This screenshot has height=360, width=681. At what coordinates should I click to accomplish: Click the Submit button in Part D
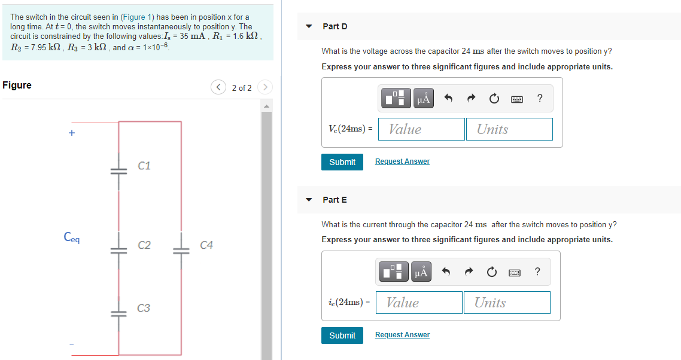[342, 162]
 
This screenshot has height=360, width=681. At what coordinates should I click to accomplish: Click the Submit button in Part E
[342, 335]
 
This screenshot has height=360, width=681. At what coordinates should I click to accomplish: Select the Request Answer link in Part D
[402, 161]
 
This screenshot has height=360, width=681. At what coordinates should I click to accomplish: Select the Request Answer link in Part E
[402, 335]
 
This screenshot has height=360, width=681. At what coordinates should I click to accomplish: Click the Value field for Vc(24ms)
[421, 129]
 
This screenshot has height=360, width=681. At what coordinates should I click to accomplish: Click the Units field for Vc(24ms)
[509, 129]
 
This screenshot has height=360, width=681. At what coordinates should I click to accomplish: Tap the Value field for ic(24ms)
[419, 303]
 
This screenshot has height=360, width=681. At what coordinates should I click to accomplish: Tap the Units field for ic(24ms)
[506, 303]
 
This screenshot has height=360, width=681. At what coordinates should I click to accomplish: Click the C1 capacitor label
[144, 166]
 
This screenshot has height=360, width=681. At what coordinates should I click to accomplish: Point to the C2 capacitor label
[144, 245]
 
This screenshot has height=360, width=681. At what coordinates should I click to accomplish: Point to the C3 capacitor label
[144, 309]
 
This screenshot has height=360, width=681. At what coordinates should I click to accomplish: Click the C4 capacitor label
[206, 245]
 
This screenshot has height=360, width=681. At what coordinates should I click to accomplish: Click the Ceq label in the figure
[72, 237]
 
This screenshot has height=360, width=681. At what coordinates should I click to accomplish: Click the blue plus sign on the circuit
[72, 133]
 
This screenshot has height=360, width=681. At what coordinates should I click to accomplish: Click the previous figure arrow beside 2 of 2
[218, 88]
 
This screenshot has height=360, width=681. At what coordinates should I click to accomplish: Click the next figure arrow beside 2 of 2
[265, 88]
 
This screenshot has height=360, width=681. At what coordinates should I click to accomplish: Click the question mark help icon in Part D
[540, 99]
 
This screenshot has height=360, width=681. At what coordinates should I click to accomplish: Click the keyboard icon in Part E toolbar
[515, 273]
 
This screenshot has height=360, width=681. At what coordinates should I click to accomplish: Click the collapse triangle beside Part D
[309, 26]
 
